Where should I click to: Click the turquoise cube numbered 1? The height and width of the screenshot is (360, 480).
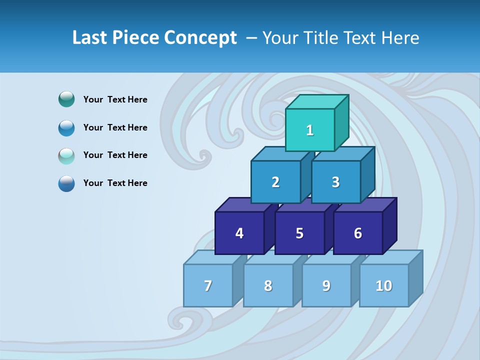[x=310, y=130]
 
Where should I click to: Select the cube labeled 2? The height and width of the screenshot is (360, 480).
[x=275, y=182]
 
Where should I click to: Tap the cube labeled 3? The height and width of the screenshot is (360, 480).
[x=335, y=182]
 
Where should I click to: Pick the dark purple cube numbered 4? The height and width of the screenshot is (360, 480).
[x=239, y=233]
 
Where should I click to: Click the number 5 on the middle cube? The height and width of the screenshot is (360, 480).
[x=299, y=233]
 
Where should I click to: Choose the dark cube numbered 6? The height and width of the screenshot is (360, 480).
[x=358, y=233]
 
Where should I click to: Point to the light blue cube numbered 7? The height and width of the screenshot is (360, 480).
[x=208, y=285]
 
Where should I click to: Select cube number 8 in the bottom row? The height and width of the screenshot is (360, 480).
[x=268, y=285]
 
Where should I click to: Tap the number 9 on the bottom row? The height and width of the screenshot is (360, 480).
[x=326, y=285]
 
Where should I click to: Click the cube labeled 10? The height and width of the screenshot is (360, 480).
[x=384, y=285]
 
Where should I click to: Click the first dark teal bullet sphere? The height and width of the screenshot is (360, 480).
[x=66, y=99]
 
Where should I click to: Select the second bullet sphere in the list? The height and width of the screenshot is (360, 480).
[x=66, y=127]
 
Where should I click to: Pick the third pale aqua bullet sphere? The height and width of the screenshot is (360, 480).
[x=66, y=155]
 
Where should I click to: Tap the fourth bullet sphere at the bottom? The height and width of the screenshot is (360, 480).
[x=66, y=183]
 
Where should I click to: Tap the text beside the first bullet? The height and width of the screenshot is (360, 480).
[x=115, y=99]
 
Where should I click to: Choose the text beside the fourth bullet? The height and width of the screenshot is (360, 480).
[x=115, y=183]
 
